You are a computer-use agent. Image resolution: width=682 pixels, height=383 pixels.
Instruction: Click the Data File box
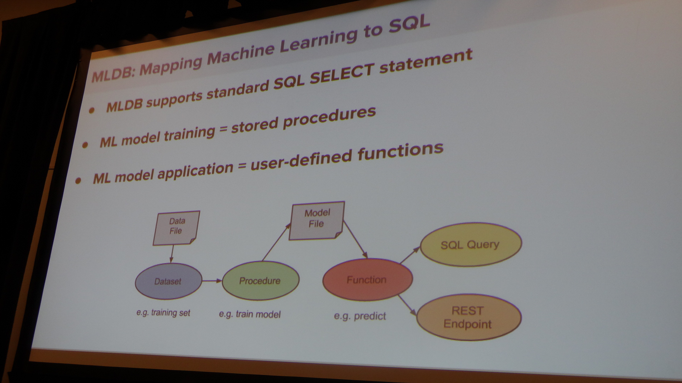pyautogui.click(x=176, y=228)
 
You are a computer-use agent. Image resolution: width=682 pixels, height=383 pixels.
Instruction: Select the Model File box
pyautogui.click(x=316, y=220)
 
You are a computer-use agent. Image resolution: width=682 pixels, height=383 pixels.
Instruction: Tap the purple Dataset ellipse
pyautogui.click(x=168, y=281)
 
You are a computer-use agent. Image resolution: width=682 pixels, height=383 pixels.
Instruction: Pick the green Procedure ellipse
pyautogui.click(x=260, y=281)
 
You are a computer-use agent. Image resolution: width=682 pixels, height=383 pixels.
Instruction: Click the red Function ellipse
pyautogui.click(x=367, y=279)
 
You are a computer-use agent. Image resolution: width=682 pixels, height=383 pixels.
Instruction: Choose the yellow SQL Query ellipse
pyautogui.click(x=471, y=244)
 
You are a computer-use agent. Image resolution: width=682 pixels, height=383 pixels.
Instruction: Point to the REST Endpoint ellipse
pyautogui.click(x=469, y=317)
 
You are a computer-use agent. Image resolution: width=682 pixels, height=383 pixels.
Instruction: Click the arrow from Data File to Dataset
pyautogui.click(x=172, y=254)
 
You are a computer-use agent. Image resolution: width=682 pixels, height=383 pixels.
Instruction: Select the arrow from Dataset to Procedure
pyautogui.click(x=212, y=281)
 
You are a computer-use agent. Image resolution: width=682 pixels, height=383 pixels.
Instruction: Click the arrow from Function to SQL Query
pyautogui.click(x=410, y=255)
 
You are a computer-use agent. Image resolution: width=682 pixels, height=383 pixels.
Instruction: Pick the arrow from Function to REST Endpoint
pyautogui.click(x=407, y=305)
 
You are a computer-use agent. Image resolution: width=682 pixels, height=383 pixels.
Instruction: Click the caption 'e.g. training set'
pyautogui.click(x=163, y=313)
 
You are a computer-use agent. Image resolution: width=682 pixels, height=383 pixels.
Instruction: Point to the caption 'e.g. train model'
pyautogui.click(x=250, y=314)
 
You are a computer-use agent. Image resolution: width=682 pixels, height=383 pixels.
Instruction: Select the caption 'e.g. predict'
pyautogui.click(x=360, y=316)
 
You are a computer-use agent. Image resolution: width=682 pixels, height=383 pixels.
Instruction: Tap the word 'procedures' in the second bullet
pyautogui.click(x=329, y=118)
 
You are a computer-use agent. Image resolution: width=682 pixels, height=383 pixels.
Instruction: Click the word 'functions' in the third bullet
pyautogui.click(x=400, y=152)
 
